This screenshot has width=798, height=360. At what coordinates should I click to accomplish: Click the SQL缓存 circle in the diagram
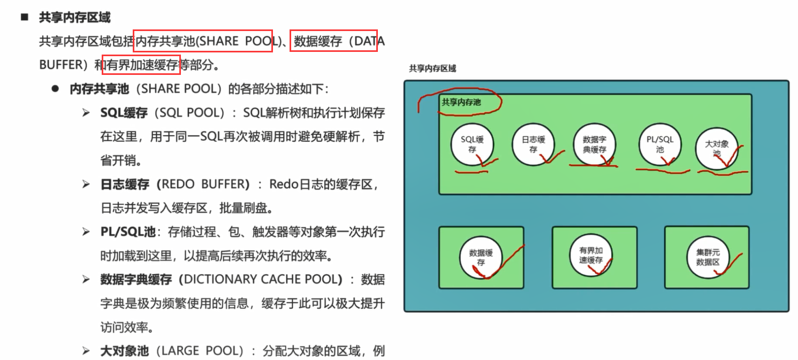tap(472, 145)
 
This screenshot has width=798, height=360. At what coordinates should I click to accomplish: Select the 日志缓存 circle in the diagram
tap(533, 145)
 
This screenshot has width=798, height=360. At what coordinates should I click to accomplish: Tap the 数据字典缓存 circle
tap(594, 145)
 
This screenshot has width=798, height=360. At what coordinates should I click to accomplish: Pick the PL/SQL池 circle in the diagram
tap(660, 145)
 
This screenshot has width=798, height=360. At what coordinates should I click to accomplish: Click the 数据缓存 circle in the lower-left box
tap(481, 257)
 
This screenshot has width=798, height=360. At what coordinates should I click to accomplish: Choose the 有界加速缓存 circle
tap(591, 255)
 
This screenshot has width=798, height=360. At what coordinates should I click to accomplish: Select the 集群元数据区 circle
tap(708, 257)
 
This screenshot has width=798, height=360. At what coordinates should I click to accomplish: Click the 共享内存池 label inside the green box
tap(461, 102)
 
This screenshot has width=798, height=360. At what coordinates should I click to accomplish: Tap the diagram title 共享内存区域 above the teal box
tap(432, 68)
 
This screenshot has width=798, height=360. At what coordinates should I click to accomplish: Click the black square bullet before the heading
tap(24, 17)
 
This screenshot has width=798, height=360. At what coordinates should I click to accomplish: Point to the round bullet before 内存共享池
tap(55, 89)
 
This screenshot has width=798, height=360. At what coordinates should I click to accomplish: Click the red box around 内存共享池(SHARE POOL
tap(203, 41)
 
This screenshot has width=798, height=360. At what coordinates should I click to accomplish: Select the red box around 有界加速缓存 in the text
tap(141, 65)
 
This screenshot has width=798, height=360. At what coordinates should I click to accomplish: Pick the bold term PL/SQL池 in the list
tap(128, 232)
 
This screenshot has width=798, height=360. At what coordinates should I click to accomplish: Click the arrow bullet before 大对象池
tap(86, 351)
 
